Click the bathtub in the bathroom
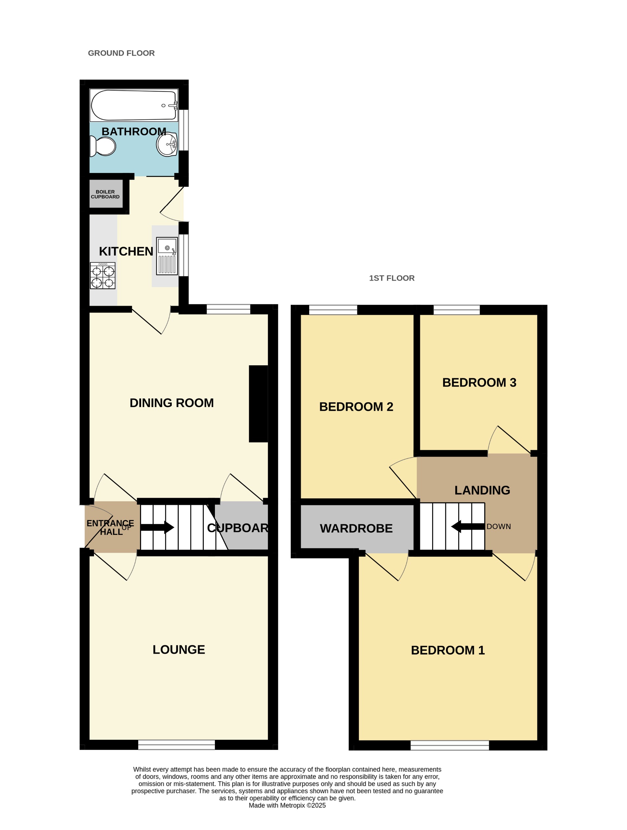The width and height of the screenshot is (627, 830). click(x=133, y=105)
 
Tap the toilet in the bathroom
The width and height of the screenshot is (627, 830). click(x=103, y=146)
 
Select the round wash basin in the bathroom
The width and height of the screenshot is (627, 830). click(x=167, y=144)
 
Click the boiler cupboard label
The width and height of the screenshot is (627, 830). click(x=105, y=194)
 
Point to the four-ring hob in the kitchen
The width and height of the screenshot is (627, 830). click(x=103, y=276)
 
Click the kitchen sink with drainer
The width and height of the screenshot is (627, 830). click(x=167, y=256)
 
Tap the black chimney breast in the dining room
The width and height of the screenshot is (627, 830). click(x=258, y=404)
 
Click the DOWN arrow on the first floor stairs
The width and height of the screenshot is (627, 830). click(x=467, y=526)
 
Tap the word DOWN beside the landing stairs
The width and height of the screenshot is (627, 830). click(x=498, y=526)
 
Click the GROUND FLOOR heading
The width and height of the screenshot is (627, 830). click(x=121, y=53)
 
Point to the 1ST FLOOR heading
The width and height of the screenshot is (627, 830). click(x=392, y=278)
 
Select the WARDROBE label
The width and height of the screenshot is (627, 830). click(x=356, y=528)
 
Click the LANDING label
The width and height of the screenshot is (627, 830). click(x=482, y=490)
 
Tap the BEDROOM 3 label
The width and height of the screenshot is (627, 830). click(x=479, y=382)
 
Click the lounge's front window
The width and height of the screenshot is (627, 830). click(x=176, y=745)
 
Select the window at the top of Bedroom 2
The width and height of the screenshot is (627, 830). click(x=333, y=310)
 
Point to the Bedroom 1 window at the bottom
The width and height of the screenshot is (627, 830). click(x=449, y=745)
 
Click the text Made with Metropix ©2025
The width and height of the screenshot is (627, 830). click(x=287, y=805)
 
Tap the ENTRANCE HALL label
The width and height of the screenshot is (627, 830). click(x=110, y=527)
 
